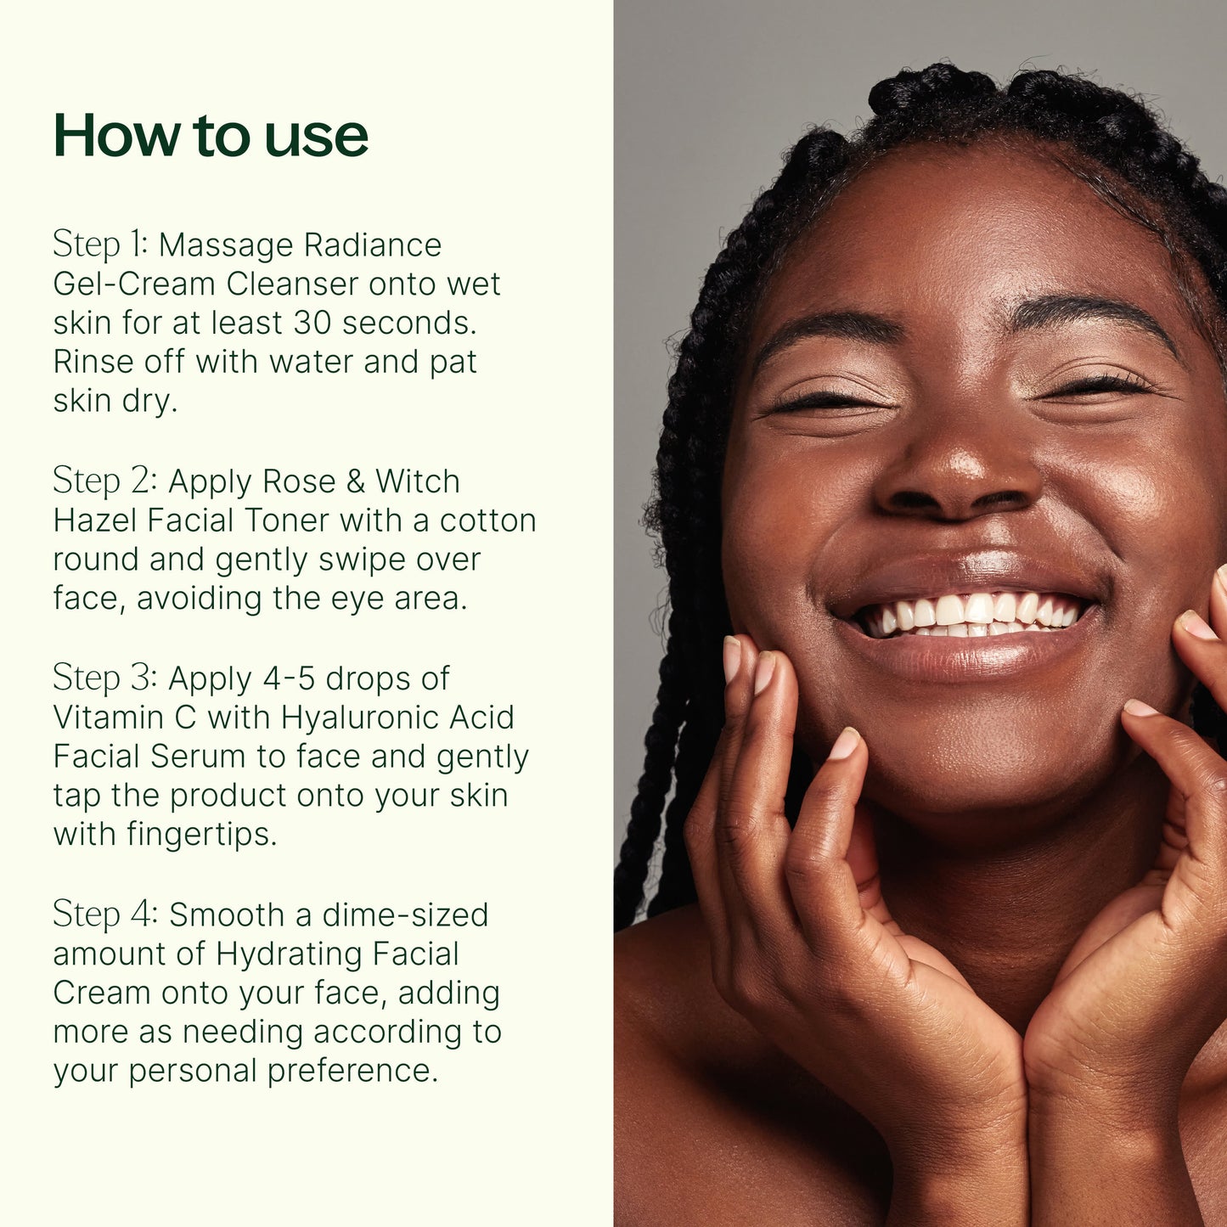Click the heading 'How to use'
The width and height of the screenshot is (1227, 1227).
coord(211,136)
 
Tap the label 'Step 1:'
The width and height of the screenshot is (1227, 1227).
coord(100,245)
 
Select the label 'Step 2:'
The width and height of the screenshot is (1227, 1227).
coord(104,481)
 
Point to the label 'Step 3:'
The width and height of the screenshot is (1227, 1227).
coord(104,678)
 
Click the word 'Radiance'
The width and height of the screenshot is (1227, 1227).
coord(372,245)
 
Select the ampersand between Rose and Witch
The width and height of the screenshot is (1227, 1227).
coord(355,481)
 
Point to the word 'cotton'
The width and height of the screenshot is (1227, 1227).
coord(487,521)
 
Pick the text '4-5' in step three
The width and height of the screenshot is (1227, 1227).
coord(289,678)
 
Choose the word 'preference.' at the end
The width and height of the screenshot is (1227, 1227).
coord(352,1071)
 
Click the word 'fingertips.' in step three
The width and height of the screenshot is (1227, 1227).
coord(202,835)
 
